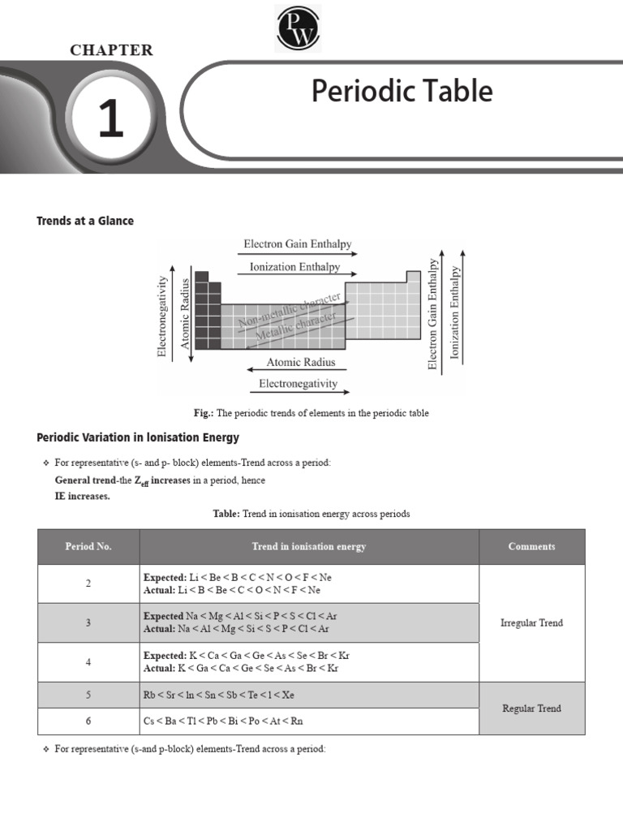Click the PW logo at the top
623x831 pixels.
click(x=298, y=28)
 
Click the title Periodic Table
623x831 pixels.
click(x=402, y=91)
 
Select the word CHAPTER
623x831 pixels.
click(x=111, y=50)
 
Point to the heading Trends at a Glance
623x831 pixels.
click(x=85, y=221)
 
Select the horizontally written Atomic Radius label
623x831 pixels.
click(x=301, y=363)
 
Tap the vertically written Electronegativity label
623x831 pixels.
click(x=162, y=316)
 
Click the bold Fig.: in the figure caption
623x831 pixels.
click(x=202, y=413)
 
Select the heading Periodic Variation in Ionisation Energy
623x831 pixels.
click(x=138, y=437)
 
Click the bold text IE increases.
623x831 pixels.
click(x=77, y=496)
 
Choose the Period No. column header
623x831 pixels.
click(x=88, y=546)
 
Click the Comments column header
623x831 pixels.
click(x=531, y=546)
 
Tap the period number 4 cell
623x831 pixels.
click(x=88, y=662)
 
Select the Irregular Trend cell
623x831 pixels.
click(x=531, y=623)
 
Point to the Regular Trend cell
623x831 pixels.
click(x=531, y=708)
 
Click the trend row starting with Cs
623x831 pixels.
click(x=223, y=721)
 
